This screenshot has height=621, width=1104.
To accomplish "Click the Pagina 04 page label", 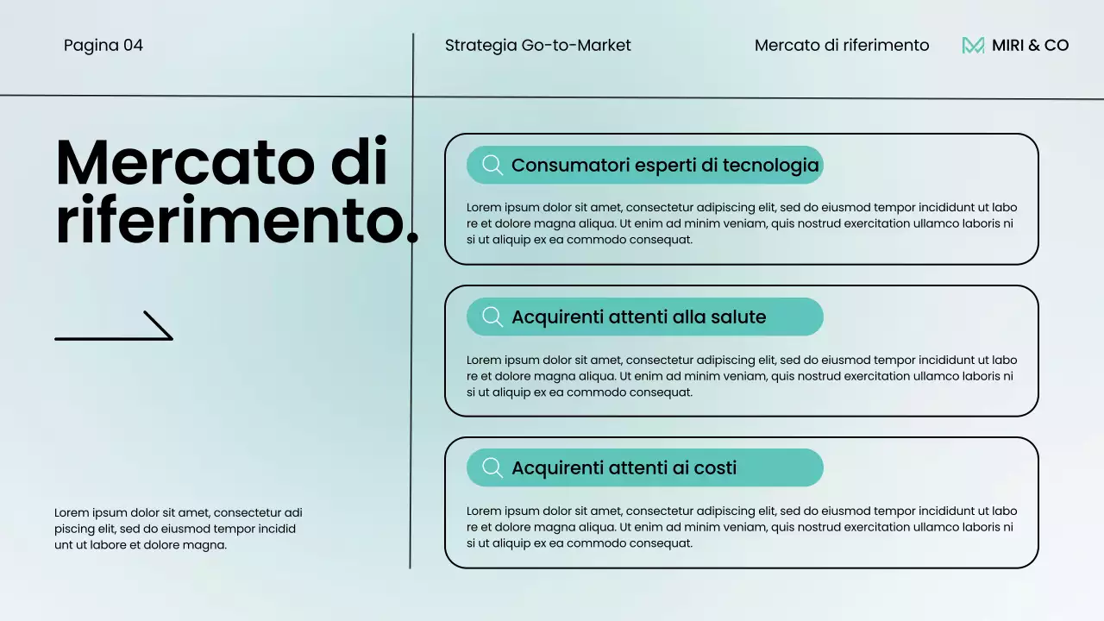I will click(x=103, y=46).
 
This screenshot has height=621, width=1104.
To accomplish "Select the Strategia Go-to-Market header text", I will click(x=538, y=46).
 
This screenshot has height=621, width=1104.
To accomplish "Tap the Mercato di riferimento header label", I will click(x=842, y=46).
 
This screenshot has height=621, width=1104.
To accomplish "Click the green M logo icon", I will click(x=973, y=46).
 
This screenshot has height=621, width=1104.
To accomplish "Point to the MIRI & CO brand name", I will click(x=1030, y=46).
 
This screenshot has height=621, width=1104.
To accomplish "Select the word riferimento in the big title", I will click(x=229, y=222).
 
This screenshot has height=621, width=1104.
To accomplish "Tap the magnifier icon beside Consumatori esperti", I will click(x=492, y=166).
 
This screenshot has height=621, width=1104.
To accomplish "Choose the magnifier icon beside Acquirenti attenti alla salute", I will click(x=492, y=317).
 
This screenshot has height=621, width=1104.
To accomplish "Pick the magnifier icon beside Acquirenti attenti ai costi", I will click(x=492, y=468).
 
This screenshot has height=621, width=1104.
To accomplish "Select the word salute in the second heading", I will click(x=738, y=317).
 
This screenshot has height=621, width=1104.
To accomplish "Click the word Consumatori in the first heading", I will click(x=568, y=166).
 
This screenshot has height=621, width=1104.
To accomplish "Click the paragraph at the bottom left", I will click(x=179, y=529).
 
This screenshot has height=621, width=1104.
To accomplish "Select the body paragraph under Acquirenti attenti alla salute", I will click(x=742, y=376).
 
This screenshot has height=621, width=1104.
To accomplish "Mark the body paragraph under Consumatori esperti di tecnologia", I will click(x=742, y=223).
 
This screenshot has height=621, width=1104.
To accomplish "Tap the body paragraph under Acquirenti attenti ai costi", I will click(x=742, y=527).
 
